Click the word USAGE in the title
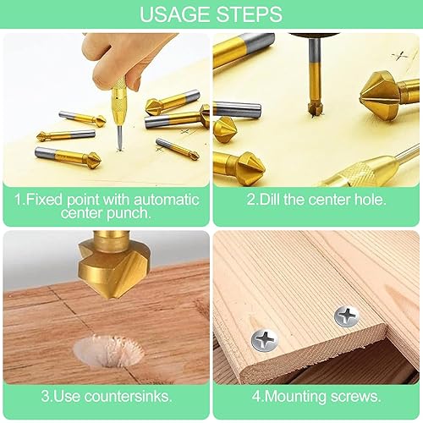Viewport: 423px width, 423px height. [175, 14]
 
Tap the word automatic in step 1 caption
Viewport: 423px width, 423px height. [167, 200]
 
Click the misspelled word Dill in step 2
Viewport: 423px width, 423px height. [270, 199]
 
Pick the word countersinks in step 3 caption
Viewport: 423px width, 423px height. [128, 396]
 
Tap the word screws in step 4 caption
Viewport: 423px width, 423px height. [355, 397]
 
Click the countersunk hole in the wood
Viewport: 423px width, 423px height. [108, 350]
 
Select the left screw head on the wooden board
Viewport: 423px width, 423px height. [264, 341]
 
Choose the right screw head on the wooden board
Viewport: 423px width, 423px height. [347, 316]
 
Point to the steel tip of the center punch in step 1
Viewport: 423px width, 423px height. [119, 138]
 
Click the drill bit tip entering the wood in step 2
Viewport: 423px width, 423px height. [316, 109]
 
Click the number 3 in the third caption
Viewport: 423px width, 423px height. [45, 396]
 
